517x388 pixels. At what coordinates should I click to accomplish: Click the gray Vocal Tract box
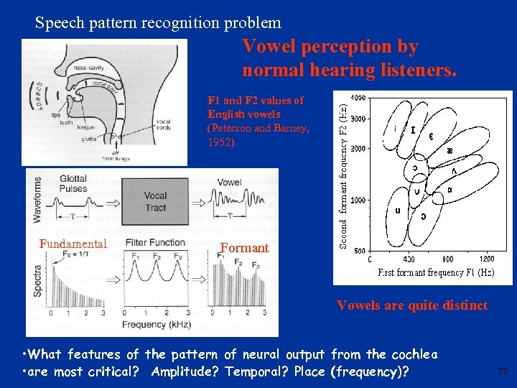[155, 200]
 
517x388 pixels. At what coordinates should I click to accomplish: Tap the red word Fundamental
[73, 244]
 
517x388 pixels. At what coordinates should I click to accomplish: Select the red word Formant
[244, 248]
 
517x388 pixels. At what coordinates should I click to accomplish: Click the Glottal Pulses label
[69, 184]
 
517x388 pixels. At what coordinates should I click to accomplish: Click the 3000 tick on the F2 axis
[358, 118]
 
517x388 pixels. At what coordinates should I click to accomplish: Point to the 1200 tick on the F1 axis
[487, 259]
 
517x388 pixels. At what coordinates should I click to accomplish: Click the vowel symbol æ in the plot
[450, 151]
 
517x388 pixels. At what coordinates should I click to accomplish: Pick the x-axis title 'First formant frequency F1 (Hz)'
[436, 273]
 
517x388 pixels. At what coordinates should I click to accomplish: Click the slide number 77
[502, 371]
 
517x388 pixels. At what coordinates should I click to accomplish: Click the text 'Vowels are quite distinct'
[412, 305]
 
